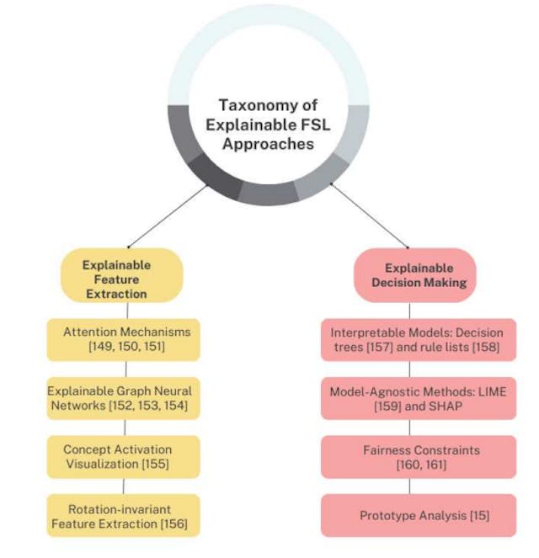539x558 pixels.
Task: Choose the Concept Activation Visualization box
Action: [x=124, y=456]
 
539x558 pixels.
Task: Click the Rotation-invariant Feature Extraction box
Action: [x=124, y=515]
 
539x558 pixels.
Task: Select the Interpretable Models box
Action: [x=418, y=339]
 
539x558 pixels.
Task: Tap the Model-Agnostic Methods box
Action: [x=418, y=398]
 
